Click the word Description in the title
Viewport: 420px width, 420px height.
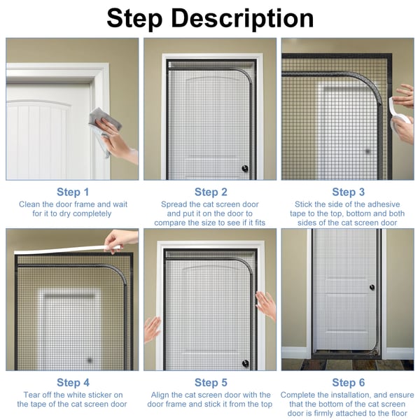(242, 18)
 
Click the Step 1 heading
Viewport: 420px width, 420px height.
(73, 192)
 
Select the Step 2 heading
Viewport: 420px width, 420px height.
(211, 192)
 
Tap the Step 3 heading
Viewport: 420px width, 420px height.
(348, 192)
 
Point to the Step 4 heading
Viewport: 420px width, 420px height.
(73, 382)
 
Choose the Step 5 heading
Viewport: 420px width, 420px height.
(211, 382)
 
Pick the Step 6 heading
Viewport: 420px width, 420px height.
(348, 382)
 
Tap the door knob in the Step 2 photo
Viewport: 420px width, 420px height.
(245, 169)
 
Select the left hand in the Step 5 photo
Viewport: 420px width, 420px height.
(152, 330)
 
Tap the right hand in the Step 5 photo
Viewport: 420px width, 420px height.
(266, 305)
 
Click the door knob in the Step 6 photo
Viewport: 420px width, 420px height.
(372, 288)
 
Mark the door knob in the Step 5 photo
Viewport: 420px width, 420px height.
(245, 363)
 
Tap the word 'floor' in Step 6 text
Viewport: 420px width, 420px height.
(398, 413)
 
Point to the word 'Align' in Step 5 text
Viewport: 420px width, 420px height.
(160, 395)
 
